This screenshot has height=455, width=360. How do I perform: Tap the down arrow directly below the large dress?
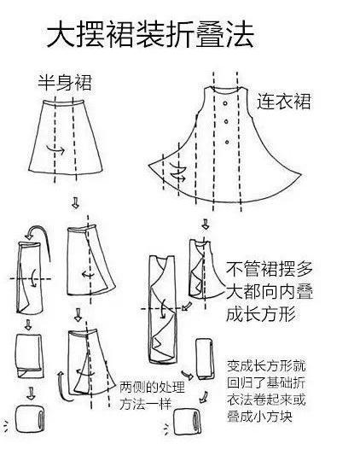point(205,224)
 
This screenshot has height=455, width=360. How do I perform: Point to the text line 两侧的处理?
point(148,385)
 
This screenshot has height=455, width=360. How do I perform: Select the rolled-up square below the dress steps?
point(186,424)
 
